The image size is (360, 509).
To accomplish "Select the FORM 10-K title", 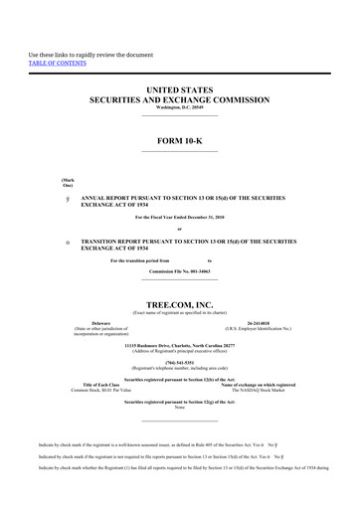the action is [x=179, y=141].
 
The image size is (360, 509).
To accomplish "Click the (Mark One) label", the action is [x=68, y=182].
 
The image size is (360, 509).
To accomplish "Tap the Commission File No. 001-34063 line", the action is [x=179, y=271].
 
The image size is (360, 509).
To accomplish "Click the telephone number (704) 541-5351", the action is [x=179, y=363].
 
